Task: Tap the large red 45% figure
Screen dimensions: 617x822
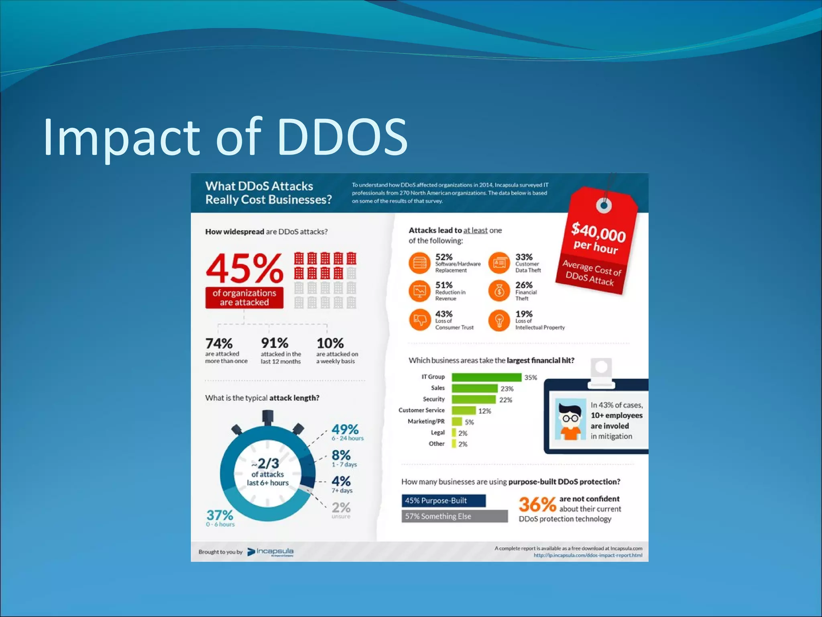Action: pos(244,268)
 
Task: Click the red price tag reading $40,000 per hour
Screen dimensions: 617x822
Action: pos(598,241)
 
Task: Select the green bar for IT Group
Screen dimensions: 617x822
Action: pos(486,377)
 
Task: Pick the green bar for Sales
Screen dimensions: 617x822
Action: pos(474,388)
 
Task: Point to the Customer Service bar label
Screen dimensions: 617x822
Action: pos(421,410)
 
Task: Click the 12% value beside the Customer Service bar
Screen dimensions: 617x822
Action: pos(484,411)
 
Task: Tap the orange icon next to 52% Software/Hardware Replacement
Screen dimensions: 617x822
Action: pos(419,263)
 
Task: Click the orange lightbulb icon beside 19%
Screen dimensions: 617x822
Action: pos(499,320)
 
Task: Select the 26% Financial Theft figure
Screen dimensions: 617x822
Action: pos(524,285)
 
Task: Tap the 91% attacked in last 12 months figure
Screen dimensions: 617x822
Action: pos(275,343)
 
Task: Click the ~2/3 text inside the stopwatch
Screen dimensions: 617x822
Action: pos(268,463)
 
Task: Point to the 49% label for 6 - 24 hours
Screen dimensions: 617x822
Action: pos(345,429)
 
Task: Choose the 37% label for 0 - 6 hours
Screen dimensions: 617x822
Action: pos(220,515)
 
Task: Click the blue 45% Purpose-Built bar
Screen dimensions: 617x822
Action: pos(444,501)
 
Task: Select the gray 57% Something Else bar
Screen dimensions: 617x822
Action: pos(454,516)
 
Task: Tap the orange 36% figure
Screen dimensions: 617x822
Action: pos(537,505)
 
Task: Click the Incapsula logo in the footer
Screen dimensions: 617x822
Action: pos(271,552)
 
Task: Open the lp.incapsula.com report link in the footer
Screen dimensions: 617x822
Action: pos(588,556)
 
